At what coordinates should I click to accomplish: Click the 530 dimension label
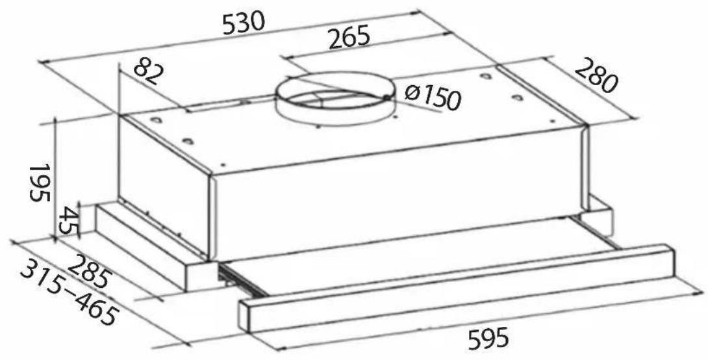244,22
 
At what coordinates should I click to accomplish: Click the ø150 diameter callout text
433,97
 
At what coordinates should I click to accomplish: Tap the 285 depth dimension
89,272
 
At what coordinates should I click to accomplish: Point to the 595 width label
488,339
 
